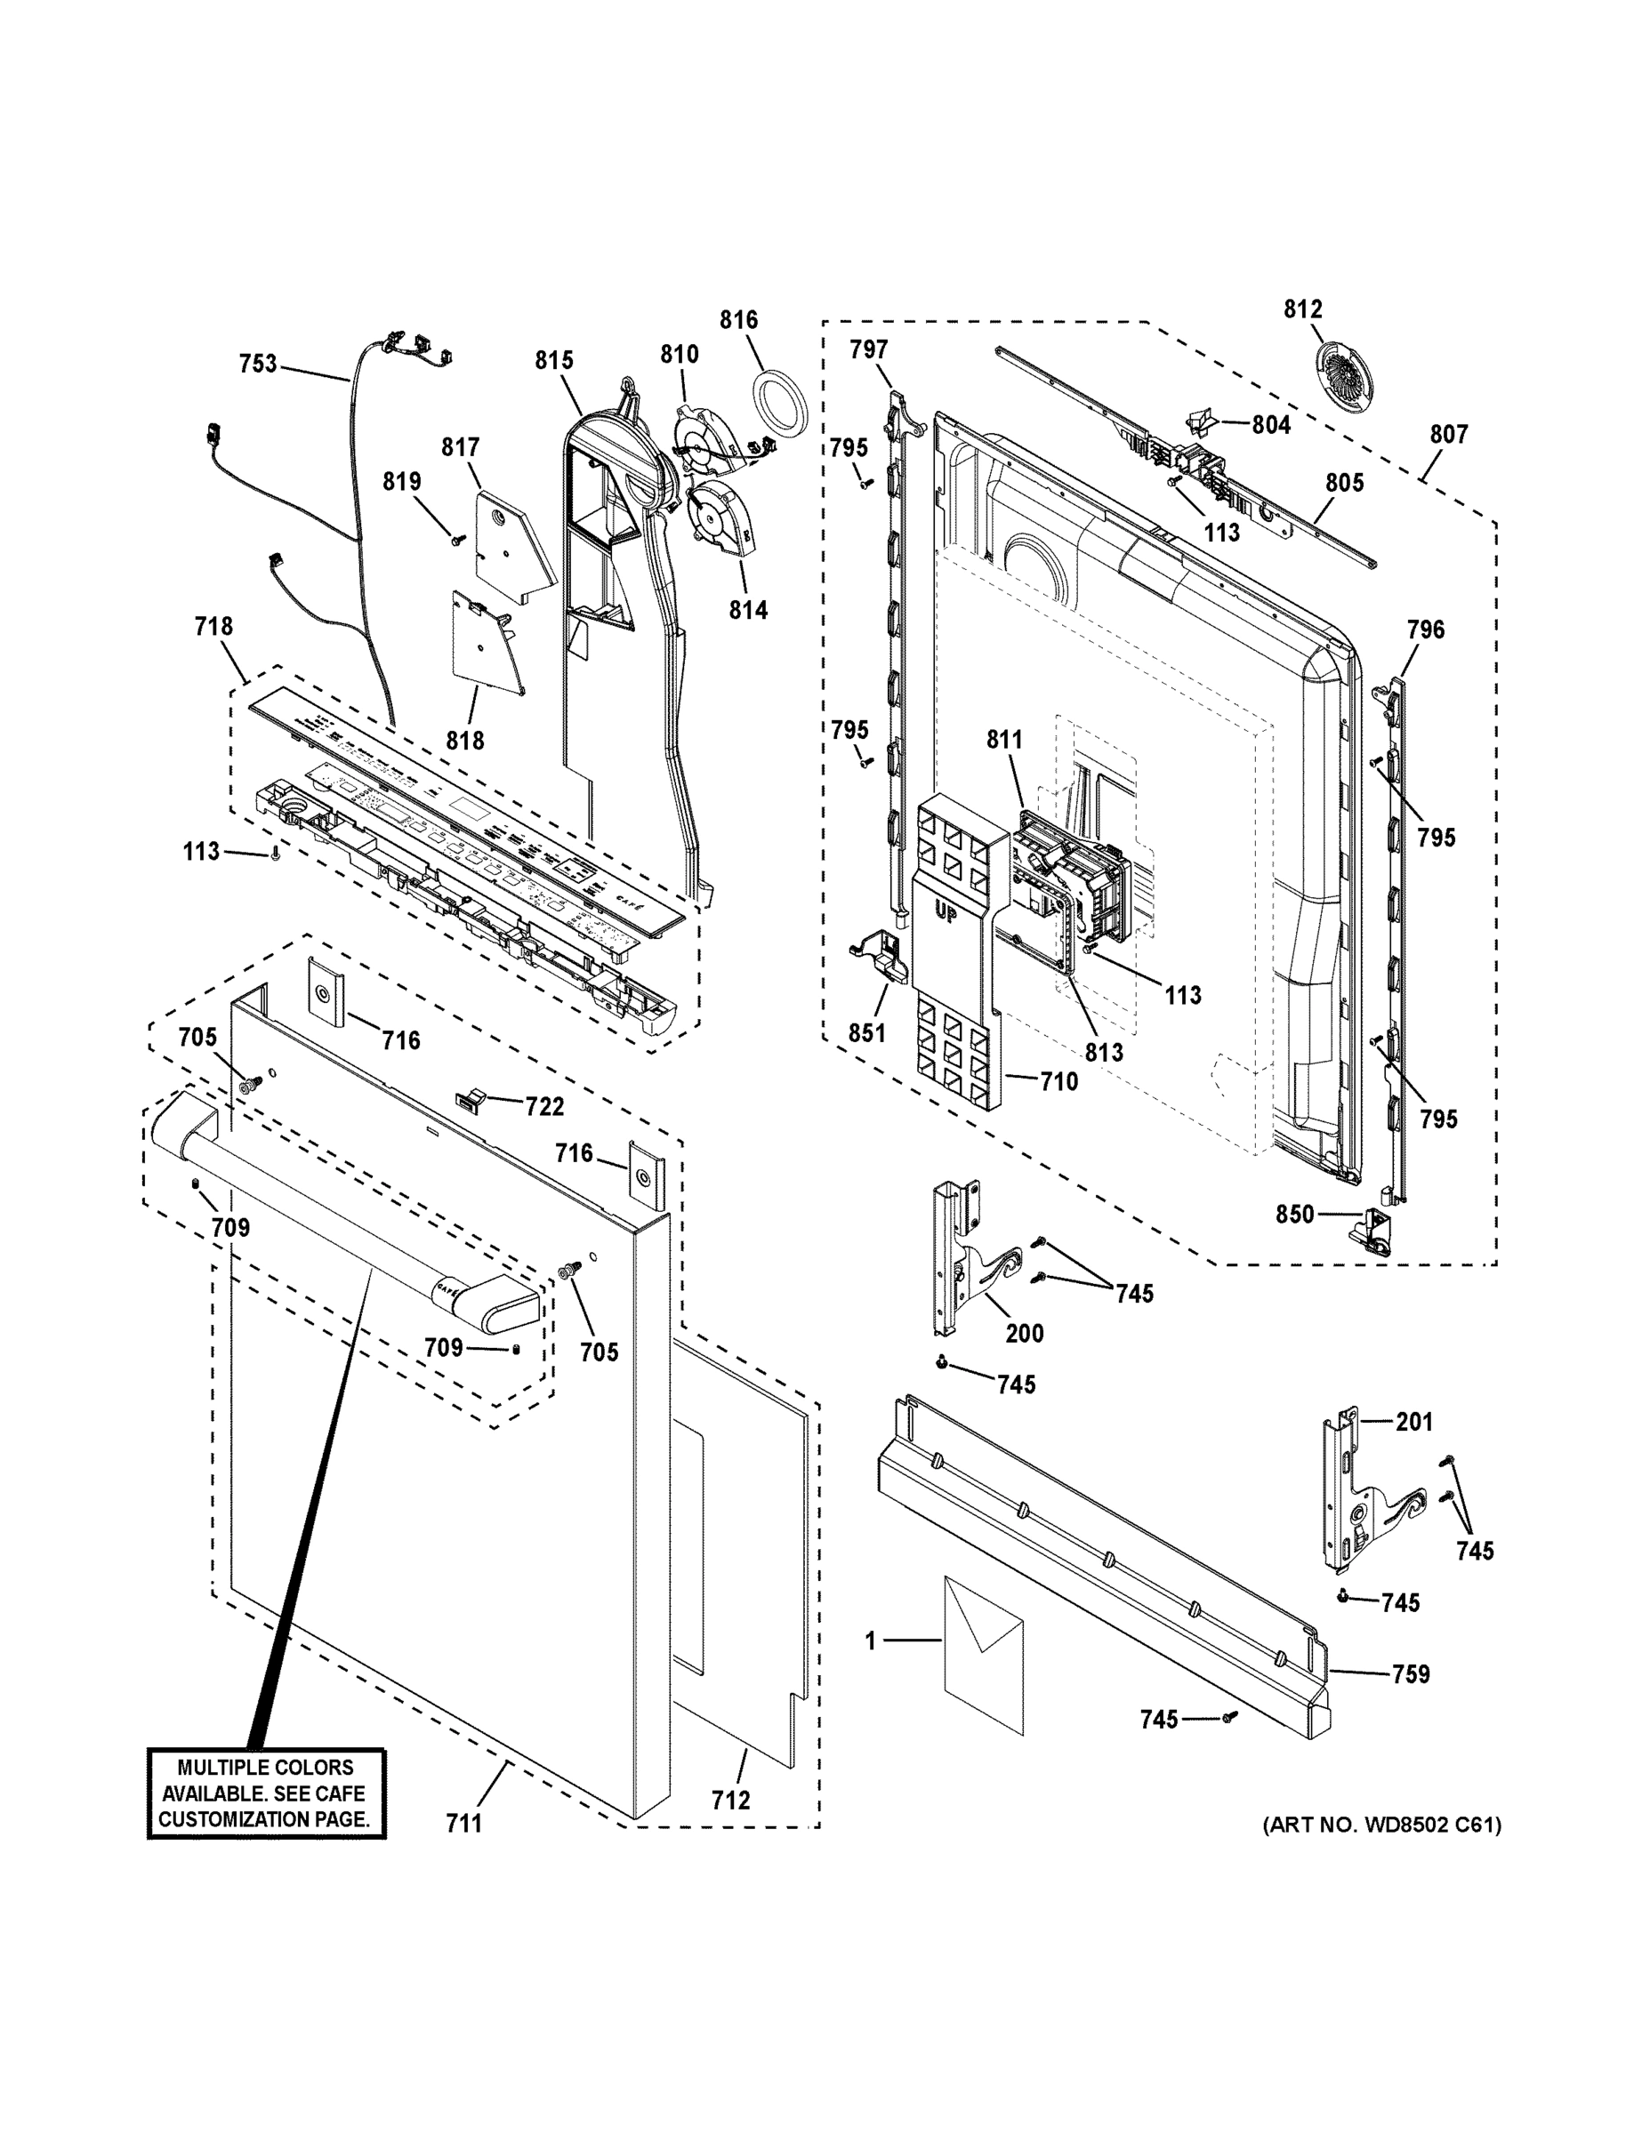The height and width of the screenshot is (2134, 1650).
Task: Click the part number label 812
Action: (x=1302, y=309)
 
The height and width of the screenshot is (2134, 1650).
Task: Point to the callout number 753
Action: (x=258, y=364)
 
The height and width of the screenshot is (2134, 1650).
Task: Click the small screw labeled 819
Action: (x=455, y=541)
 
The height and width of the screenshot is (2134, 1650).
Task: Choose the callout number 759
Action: (x=1410, y=1673)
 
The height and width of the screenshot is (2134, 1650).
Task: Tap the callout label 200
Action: (x=1024, y=1333)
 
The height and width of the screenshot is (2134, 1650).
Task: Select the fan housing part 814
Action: (x=721, y=521)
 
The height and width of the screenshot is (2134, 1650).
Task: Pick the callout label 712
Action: (x=730, y=1800)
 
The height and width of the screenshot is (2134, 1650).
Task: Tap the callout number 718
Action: (x=213, y=625)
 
